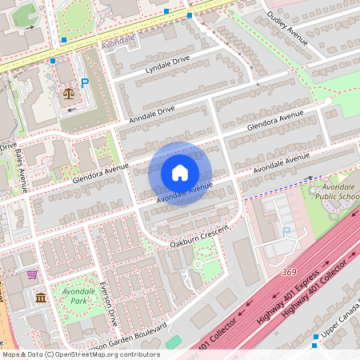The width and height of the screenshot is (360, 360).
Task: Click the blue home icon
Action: (180, 173)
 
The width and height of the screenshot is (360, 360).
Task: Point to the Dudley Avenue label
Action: (286, 26)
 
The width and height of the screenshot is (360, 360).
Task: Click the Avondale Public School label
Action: (337, 191)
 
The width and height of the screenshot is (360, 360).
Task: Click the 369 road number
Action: (290, 273)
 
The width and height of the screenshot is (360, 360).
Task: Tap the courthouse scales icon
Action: (67, 93)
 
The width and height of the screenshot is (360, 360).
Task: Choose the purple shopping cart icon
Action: (32, 274)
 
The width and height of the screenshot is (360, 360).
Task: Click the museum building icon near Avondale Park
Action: (40, 298)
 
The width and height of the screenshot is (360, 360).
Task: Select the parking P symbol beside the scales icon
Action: (84, 82)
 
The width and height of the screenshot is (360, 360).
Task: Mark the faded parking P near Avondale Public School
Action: (286, 231)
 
